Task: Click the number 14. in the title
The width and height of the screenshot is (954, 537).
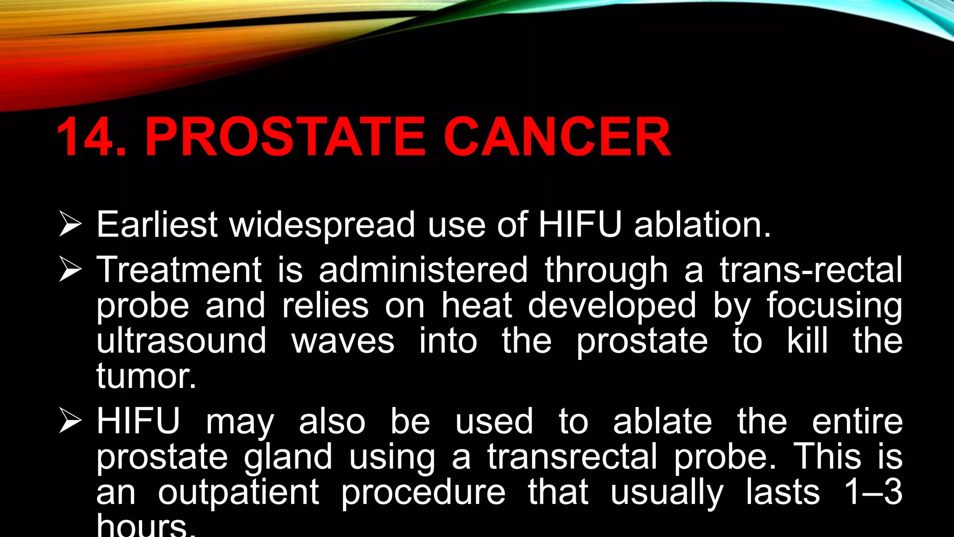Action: [91, 137]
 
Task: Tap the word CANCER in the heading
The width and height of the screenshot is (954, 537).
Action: [557, 137]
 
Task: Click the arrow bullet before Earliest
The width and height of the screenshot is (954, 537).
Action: [70, 224]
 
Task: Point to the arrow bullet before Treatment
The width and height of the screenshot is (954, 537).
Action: [70, 270]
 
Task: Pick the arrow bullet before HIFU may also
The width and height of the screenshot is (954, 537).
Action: [70, 421]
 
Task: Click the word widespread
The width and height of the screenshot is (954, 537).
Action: [322, 225]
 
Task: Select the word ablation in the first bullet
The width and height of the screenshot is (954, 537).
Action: [702, 224]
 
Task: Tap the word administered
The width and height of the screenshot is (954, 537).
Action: [423, 270]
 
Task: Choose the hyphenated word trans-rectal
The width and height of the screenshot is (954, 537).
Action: [811, 270]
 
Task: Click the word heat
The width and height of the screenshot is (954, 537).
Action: [477, 305]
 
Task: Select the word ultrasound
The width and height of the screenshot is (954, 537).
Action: [182, 341]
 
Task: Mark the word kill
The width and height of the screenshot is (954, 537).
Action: [808, 340]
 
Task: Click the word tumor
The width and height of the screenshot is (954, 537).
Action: [146, 376]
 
